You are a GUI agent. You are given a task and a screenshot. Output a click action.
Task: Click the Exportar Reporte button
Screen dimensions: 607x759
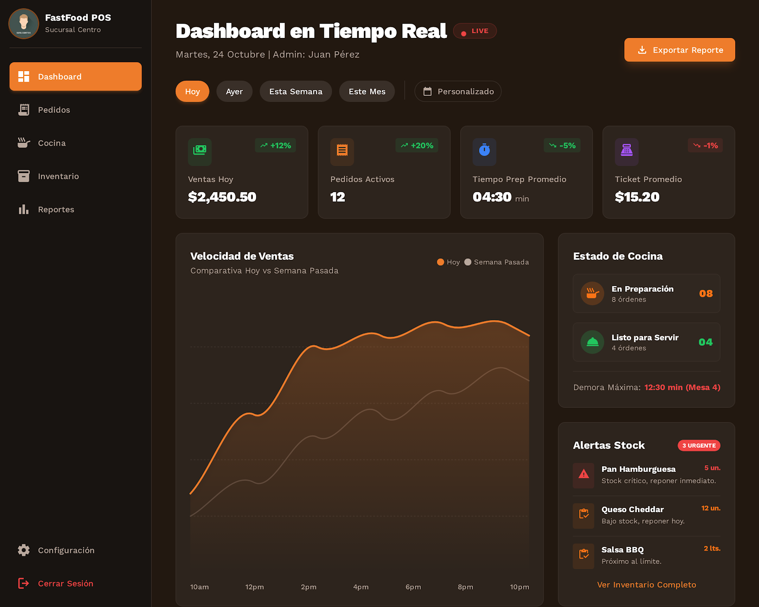[679, 50]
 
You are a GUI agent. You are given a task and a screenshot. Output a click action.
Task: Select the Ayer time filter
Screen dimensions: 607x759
[234, 92]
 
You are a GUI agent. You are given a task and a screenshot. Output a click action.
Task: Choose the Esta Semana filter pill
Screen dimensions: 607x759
[296, 92]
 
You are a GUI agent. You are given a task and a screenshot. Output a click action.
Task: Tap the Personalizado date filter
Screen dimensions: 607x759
[458, 92]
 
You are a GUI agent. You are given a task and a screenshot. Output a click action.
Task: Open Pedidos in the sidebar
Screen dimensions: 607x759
[54, 110]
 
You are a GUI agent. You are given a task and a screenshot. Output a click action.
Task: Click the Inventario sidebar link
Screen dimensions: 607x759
[58, 176]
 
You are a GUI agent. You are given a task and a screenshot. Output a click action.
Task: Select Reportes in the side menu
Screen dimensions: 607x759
[56, 210]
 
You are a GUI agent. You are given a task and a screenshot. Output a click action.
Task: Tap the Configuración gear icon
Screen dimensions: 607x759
[24, 550]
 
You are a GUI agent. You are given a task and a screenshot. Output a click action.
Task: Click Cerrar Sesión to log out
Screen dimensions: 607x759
[65, 583]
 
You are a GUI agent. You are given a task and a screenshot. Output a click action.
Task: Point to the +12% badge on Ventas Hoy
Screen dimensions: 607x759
[276, 146]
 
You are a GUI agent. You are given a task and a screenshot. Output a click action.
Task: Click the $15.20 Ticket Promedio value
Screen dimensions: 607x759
[637, 197]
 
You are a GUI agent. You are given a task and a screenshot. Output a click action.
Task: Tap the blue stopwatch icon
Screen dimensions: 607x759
[484, 150]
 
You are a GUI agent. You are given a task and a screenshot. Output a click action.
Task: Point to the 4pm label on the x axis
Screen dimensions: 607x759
[361, 587]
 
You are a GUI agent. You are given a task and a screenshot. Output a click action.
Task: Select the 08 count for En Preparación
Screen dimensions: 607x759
[705, 294]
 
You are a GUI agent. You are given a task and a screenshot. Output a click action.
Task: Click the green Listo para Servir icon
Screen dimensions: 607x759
[592, 342]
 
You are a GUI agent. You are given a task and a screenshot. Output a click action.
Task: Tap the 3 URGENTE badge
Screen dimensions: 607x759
[699, 446]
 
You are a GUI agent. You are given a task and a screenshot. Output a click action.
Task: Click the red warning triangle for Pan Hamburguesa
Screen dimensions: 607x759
[583, 474]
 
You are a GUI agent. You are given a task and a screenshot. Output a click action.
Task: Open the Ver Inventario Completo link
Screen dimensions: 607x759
[647, 585]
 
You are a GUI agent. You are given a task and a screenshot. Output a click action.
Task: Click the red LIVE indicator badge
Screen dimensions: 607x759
[475, 31]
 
